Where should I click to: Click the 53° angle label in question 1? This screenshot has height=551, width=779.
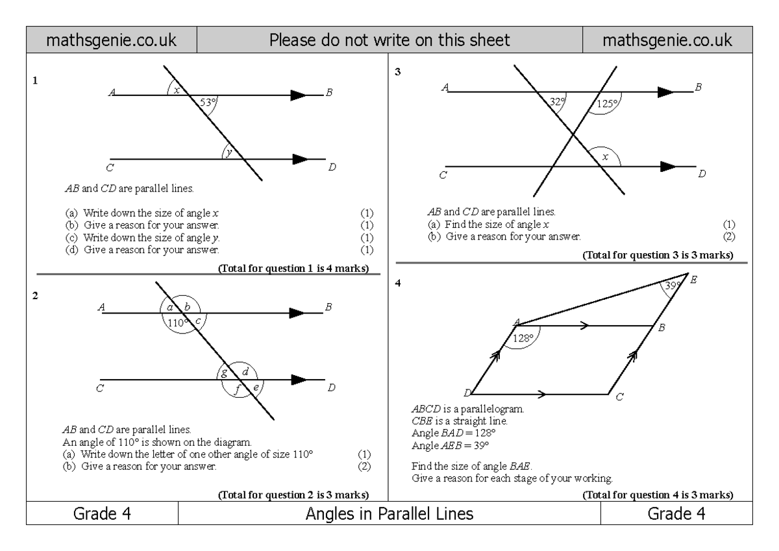click(x=207, y=102)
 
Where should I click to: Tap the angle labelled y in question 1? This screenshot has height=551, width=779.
click(x=229, y=153)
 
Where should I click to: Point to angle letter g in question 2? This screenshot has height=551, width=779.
click(x=224, y=373)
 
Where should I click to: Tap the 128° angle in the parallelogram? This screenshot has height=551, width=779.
click(x=523, y=338)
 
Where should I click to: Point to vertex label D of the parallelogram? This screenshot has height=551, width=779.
click(x=467, y=393)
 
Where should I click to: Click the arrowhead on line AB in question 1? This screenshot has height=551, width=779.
click(x=298, y=95)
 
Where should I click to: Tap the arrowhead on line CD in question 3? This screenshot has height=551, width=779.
click(x=668, y=166)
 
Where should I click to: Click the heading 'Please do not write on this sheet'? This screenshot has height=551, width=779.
click(x=389, y=41)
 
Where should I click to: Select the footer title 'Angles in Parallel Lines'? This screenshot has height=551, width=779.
click(x=389, y=515)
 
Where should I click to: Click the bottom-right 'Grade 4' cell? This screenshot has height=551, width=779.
click(x=677, y=515)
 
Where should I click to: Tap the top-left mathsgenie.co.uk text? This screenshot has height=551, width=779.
click(x=110, y=41)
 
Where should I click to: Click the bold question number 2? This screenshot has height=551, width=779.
click(x=36, y=295)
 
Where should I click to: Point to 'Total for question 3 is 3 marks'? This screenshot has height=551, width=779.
click(x=658, y=256)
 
